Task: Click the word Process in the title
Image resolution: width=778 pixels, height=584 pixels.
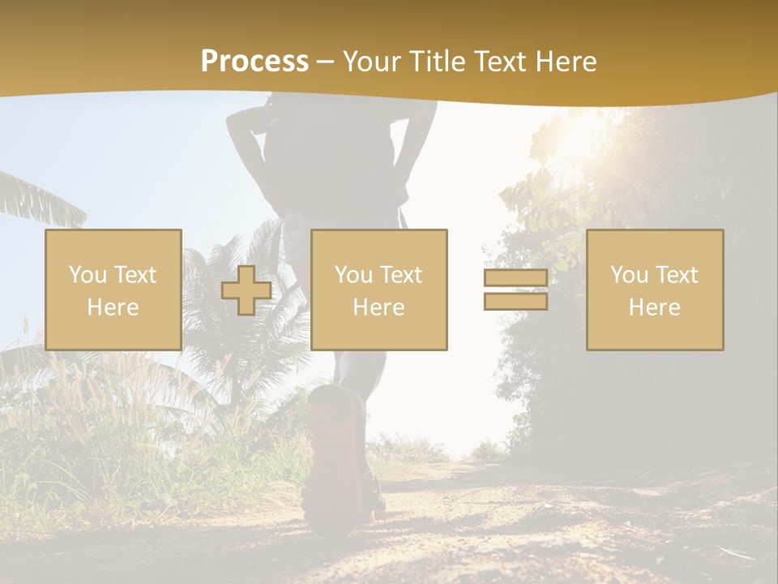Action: tap(254, 62)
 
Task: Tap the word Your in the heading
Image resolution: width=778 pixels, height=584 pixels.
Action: tap(371, 62)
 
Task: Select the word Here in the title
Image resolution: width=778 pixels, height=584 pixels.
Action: tap(566, 62)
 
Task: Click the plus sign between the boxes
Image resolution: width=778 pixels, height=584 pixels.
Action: tap(246, 290)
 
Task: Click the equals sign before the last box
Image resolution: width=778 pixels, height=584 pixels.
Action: tap(515, 290)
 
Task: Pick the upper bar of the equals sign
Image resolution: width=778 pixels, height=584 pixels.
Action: tap(515, 278)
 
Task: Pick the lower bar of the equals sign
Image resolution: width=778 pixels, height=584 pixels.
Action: tap(515, 302)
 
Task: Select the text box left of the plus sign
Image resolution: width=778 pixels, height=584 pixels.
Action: tap(113, 290)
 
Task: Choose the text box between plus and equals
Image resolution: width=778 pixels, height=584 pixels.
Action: tap(379, 290)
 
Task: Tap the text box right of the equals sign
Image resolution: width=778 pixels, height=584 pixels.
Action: tap(655, 290)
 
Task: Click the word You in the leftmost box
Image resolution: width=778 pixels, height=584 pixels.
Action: tap(87, 275)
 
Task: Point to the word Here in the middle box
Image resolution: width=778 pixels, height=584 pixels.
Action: tap(379, 307)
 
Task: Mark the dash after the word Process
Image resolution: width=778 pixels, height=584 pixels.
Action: tap(325, 62)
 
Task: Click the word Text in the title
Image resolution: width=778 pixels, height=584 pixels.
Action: tap(497, 62)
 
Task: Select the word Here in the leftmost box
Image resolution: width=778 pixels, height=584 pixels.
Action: tap(113, 307)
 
